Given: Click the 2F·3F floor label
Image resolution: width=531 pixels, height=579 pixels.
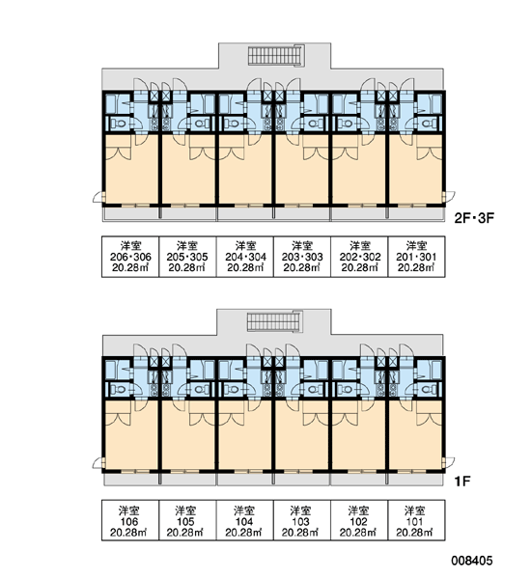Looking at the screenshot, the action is click(474, 218).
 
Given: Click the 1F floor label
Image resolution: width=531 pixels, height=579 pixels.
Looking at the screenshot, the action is click(462, 482).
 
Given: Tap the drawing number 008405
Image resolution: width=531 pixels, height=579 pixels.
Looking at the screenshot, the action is click(471, 561).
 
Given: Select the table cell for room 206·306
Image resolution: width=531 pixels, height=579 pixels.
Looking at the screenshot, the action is click(130, 257).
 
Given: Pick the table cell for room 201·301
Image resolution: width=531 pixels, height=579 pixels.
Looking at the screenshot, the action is click(416, 257).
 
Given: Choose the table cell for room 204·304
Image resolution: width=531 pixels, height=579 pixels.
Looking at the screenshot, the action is click(245, 257).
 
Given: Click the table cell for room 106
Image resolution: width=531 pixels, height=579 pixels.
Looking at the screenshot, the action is click(130, 521).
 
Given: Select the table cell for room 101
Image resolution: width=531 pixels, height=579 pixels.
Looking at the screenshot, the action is click(416, 521).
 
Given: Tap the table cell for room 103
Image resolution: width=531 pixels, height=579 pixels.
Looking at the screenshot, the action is click(302, 521).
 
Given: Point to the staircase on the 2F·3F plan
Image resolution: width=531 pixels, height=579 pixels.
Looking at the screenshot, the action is click(276, 55).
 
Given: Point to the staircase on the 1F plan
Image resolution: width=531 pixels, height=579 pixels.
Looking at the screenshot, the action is click(274, 322).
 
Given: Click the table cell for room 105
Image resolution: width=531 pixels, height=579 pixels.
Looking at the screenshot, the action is click(187, 521).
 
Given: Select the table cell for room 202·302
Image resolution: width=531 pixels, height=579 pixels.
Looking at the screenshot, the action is click(359, 257).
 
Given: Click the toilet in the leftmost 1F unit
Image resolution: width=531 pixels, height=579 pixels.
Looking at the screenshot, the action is click(119, 389).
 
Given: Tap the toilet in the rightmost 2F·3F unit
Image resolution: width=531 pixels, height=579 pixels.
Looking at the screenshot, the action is click(429, 123).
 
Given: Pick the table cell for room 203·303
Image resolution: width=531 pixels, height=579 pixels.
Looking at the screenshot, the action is click(302, 257).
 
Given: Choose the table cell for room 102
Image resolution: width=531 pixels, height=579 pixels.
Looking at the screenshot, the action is click(359, 521).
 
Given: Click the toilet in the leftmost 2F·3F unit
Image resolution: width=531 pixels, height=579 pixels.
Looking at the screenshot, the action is click(119, 123).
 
